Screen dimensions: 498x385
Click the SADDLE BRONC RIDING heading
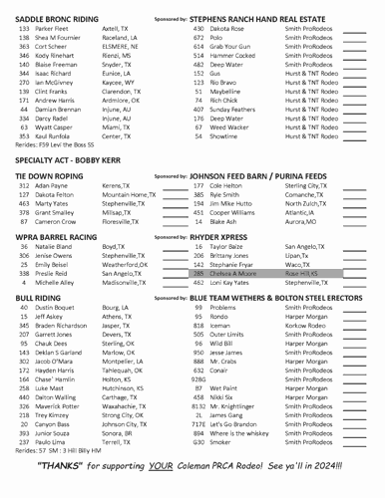coord(57,18)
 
